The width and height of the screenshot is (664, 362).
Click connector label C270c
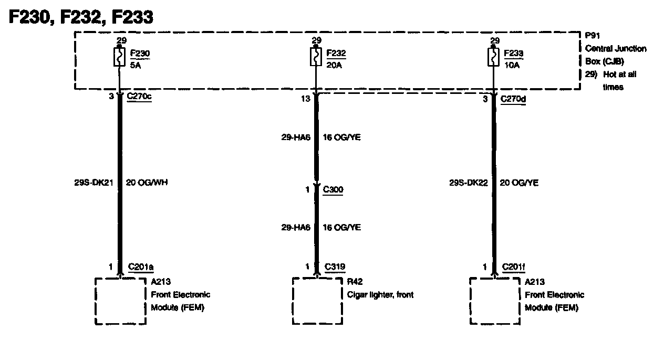point(139,97)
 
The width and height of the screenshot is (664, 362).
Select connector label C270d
point(513,98)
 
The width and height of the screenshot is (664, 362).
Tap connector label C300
point(333,189)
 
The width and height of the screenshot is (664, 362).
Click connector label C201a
point(140,267)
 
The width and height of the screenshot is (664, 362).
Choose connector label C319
point(335,267)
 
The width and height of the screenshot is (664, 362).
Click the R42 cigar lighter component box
point(317,301)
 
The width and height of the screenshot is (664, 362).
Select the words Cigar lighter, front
point(380,295)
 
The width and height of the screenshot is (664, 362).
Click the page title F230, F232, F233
point(82,17)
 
